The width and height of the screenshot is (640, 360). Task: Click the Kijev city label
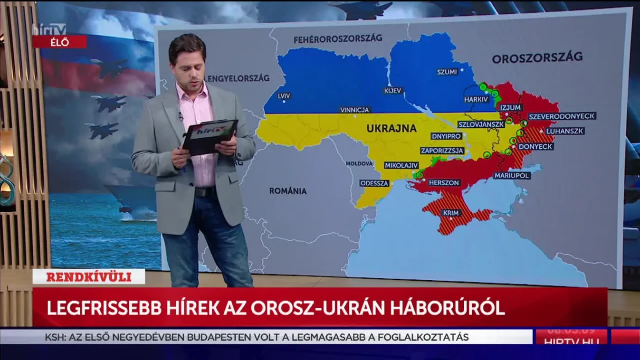tap(393, 90)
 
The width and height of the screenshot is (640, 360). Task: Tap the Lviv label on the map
tap(284, 96)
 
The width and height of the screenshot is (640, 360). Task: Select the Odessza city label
tap(374, 183)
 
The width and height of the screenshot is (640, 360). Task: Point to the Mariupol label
tap(511, 175)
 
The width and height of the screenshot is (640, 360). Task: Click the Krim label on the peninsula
tap(451, 213)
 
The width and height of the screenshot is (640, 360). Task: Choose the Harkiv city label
tap(476, 99)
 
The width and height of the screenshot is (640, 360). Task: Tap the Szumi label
tap(447, 72)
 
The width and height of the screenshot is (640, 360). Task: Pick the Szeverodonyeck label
tap(562, 116)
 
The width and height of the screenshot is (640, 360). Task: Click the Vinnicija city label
tap(355, 110)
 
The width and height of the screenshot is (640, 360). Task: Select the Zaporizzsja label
tap(442, 151)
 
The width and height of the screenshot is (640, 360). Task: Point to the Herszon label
tap(444, 182)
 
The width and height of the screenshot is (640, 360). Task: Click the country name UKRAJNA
tap(391, 128)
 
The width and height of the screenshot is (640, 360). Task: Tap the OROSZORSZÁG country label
tap(537, 58)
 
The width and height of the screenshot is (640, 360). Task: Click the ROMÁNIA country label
tap(288, 191)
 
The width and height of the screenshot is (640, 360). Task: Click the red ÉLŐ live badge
tap(59, 42)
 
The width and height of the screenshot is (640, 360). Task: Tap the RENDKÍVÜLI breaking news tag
tap(88, 276)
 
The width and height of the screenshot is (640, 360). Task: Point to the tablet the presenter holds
tap(210, 136)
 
